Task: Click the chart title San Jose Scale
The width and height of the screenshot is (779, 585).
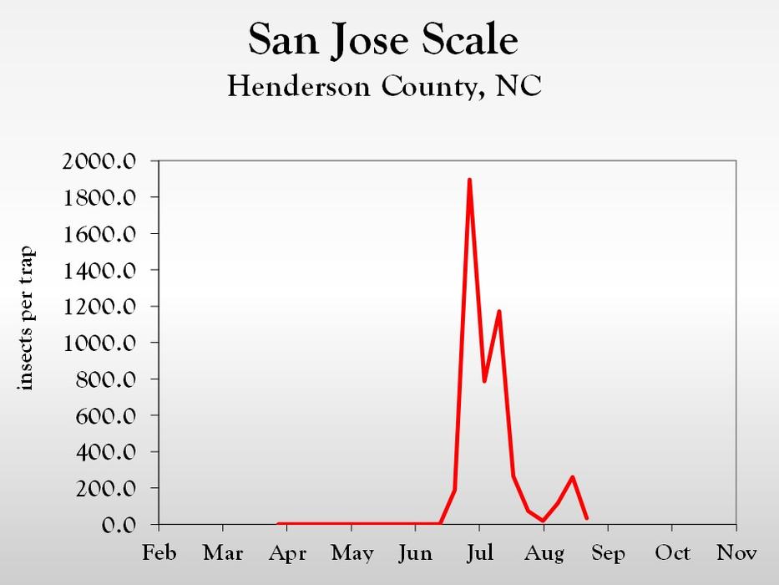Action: coord(383,40)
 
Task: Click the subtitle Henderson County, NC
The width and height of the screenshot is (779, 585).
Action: coord(384,86)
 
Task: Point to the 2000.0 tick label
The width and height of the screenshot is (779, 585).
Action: coord(99,161)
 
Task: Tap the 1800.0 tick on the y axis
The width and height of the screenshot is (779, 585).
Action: coord(99,198)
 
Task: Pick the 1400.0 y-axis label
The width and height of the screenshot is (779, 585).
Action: coord(99,271)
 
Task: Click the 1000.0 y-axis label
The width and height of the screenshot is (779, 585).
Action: coord(99,343)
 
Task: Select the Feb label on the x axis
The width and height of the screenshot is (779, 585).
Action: coord(159,553)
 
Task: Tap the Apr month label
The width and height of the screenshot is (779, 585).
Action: coord(287,553)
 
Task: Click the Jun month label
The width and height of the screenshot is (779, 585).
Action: coord(415,553)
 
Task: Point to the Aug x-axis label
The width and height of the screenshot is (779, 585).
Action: coord(544,553)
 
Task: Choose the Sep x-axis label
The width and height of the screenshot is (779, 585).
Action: coord(608,553)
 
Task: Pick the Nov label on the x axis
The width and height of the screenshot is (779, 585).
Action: coord(736,553)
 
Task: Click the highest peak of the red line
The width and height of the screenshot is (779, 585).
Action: coord(469,180)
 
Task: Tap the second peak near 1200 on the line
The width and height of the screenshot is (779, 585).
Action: coord(498,312)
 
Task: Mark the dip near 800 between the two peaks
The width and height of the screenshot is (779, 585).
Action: coord(484,381)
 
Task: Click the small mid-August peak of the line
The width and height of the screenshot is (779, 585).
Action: coord(572,477)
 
